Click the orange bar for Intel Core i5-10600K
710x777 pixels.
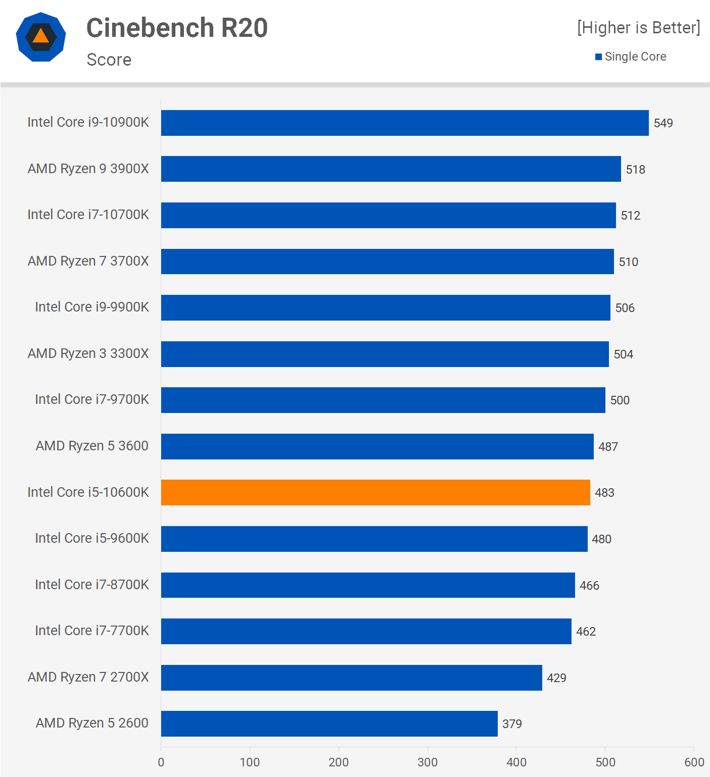click(375, 492)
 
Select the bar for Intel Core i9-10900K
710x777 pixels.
click(405, 123)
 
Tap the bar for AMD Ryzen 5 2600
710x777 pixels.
click(329, 723)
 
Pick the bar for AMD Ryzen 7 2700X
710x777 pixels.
click(351, 678)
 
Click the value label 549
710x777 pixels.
click(663, 123)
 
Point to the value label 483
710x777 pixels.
click(604, 493)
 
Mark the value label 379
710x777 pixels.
click(512, 724)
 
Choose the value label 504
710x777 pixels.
click(623, 354)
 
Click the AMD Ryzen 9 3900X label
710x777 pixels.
click(88, 169)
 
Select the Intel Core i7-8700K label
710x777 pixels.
click(92, 585)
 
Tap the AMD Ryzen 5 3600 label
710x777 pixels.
click(92, 446)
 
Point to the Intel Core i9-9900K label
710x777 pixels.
click(92, 307)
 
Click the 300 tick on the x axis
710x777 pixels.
click(428, 762)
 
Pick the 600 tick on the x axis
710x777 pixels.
click(694, 762)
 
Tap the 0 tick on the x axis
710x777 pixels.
click(161, 762)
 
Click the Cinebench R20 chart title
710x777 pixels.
click(177, 28)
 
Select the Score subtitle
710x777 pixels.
click(109, 60)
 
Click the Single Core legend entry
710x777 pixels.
click(631, 57)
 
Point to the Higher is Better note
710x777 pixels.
click(639, 28)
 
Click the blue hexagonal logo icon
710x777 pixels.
click(41, 37)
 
